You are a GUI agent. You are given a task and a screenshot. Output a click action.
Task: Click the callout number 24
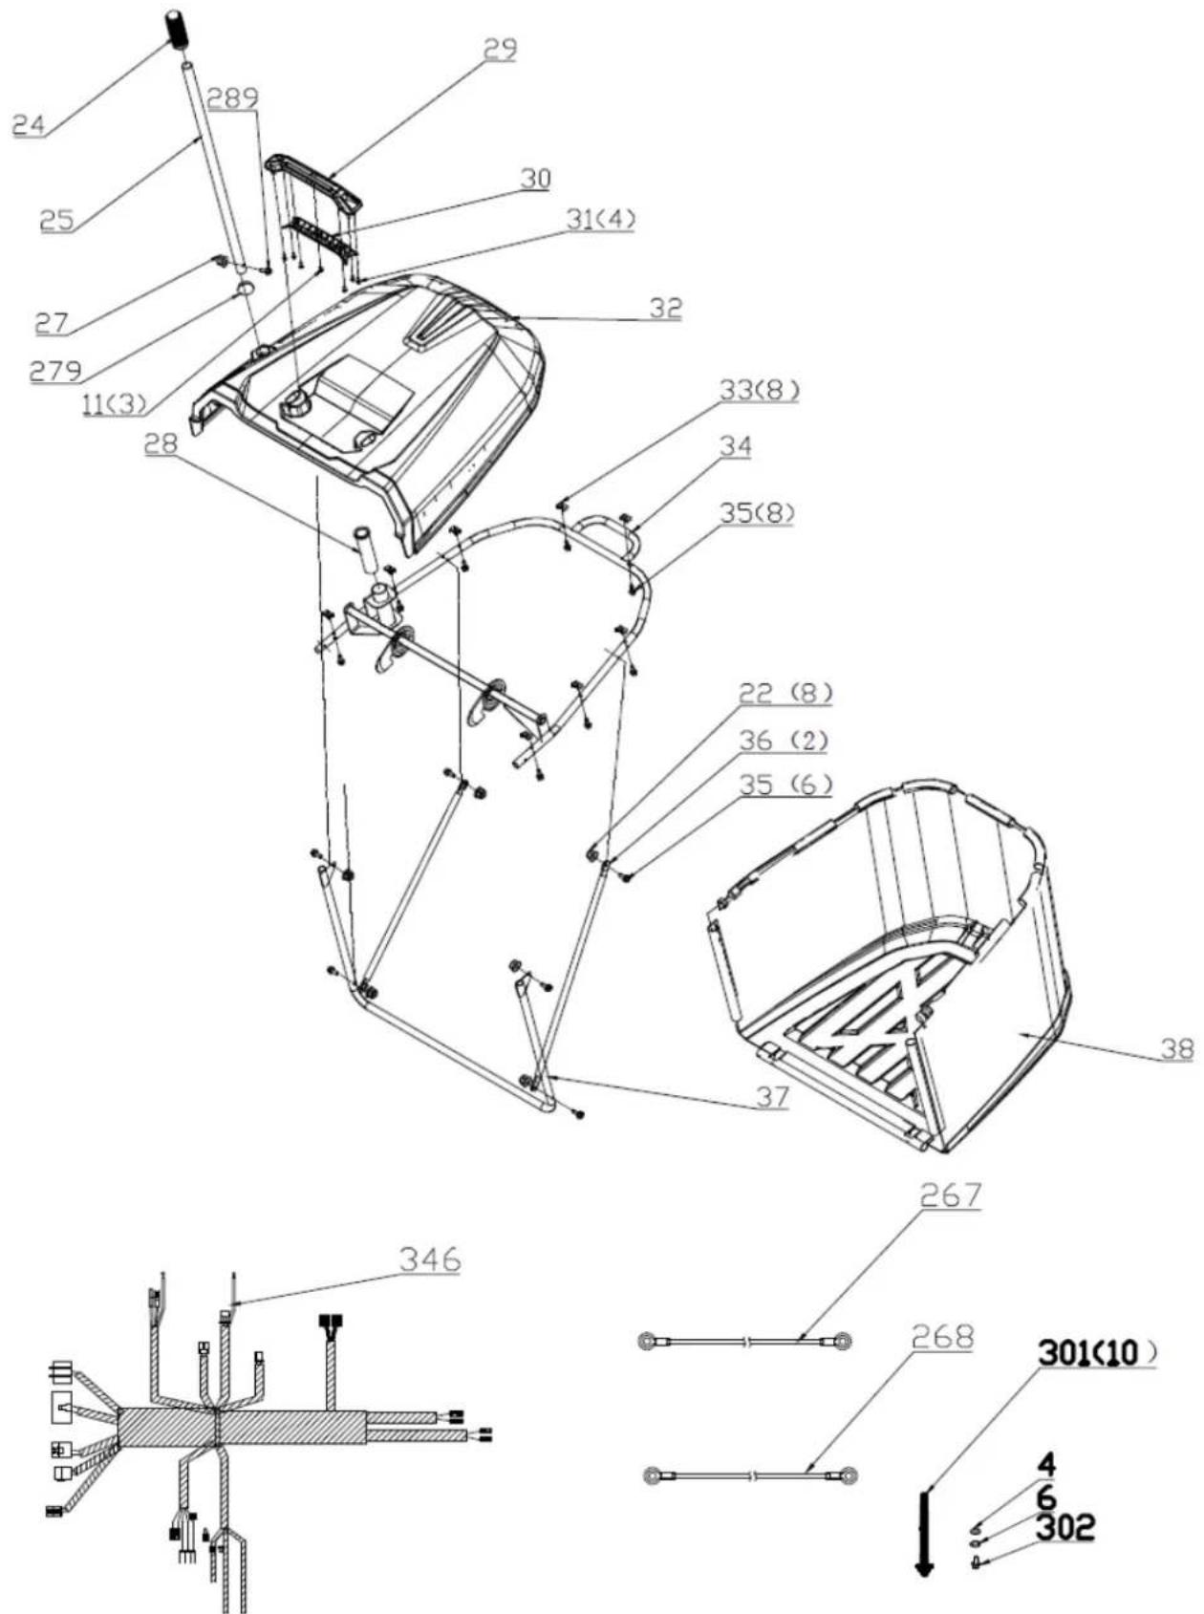coord(30,124)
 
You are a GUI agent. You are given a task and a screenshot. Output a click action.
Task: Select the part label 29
coord(500,49)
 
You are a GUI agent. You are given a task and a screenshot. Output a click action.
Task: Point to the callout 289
coord(233,98)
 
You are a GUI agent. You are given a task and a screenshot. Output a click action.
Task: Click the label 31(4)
coord(600,219)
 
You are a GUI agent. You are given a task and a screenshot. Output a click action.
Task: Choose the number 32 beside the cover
coord(666,308)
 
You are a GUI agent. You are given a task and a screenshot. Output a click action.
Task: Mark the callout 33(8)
coord(760,390)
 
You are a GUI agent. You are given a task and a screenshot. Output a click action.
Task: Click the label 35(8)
coord(757,513)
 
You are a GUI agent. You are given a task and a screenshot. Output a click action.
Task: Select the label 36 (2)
coord(784,740)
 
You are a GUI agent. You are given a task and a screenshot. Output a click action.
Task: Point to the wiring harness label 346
coord(430,1259)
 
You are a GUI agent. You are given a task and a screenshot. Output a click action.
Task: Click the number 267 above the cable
coord(951,1195)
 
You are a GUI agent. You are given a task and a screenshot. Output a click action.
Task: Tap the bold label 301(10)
coord(1098,1352)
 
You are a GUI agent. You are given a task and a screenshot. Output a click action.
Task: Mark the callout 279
coord(55,371)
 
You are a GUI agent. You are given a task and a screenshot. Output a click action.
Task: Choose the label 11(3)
coord(115,403)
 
